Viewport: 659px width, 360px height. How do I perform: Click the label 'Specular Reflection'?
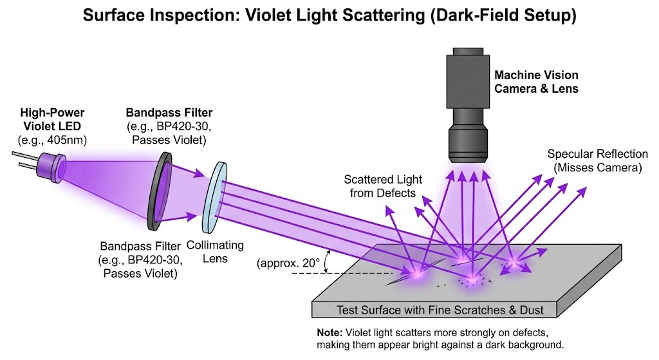click(597, 155)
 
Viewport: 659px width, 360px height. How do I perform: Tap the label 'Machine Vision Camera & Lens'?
click(536, 82)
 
